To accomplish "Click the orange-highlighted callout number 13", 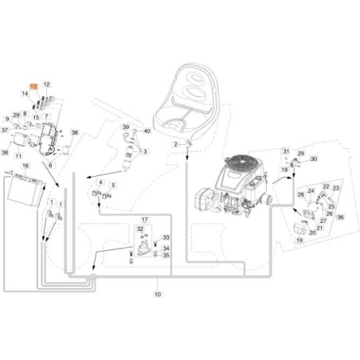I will coord(33,84).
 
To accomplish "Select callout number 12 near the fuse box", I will coord(46,84).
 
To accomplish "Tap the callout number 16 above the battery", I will coord(25,166).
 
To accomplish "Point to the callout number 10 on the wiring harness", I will coord(157,294).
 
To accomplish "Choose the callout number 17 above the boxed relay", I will coord(144,219).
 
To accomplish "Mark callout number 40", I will coord(147,129).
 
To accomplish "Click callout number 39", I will coord(125,127).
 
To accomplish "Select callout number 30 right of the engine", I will coord(314,159).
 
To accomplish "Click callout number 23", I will coord(336,188).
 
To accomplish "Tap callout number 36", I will coord(340,217).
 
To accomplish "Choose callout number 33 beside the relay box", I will coord(166,237).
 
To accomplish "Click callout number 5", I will coord(112,185).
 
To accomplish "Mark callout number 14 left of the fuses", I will coord(25,94).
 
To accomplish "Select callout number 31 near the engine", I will coord(286,151).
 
